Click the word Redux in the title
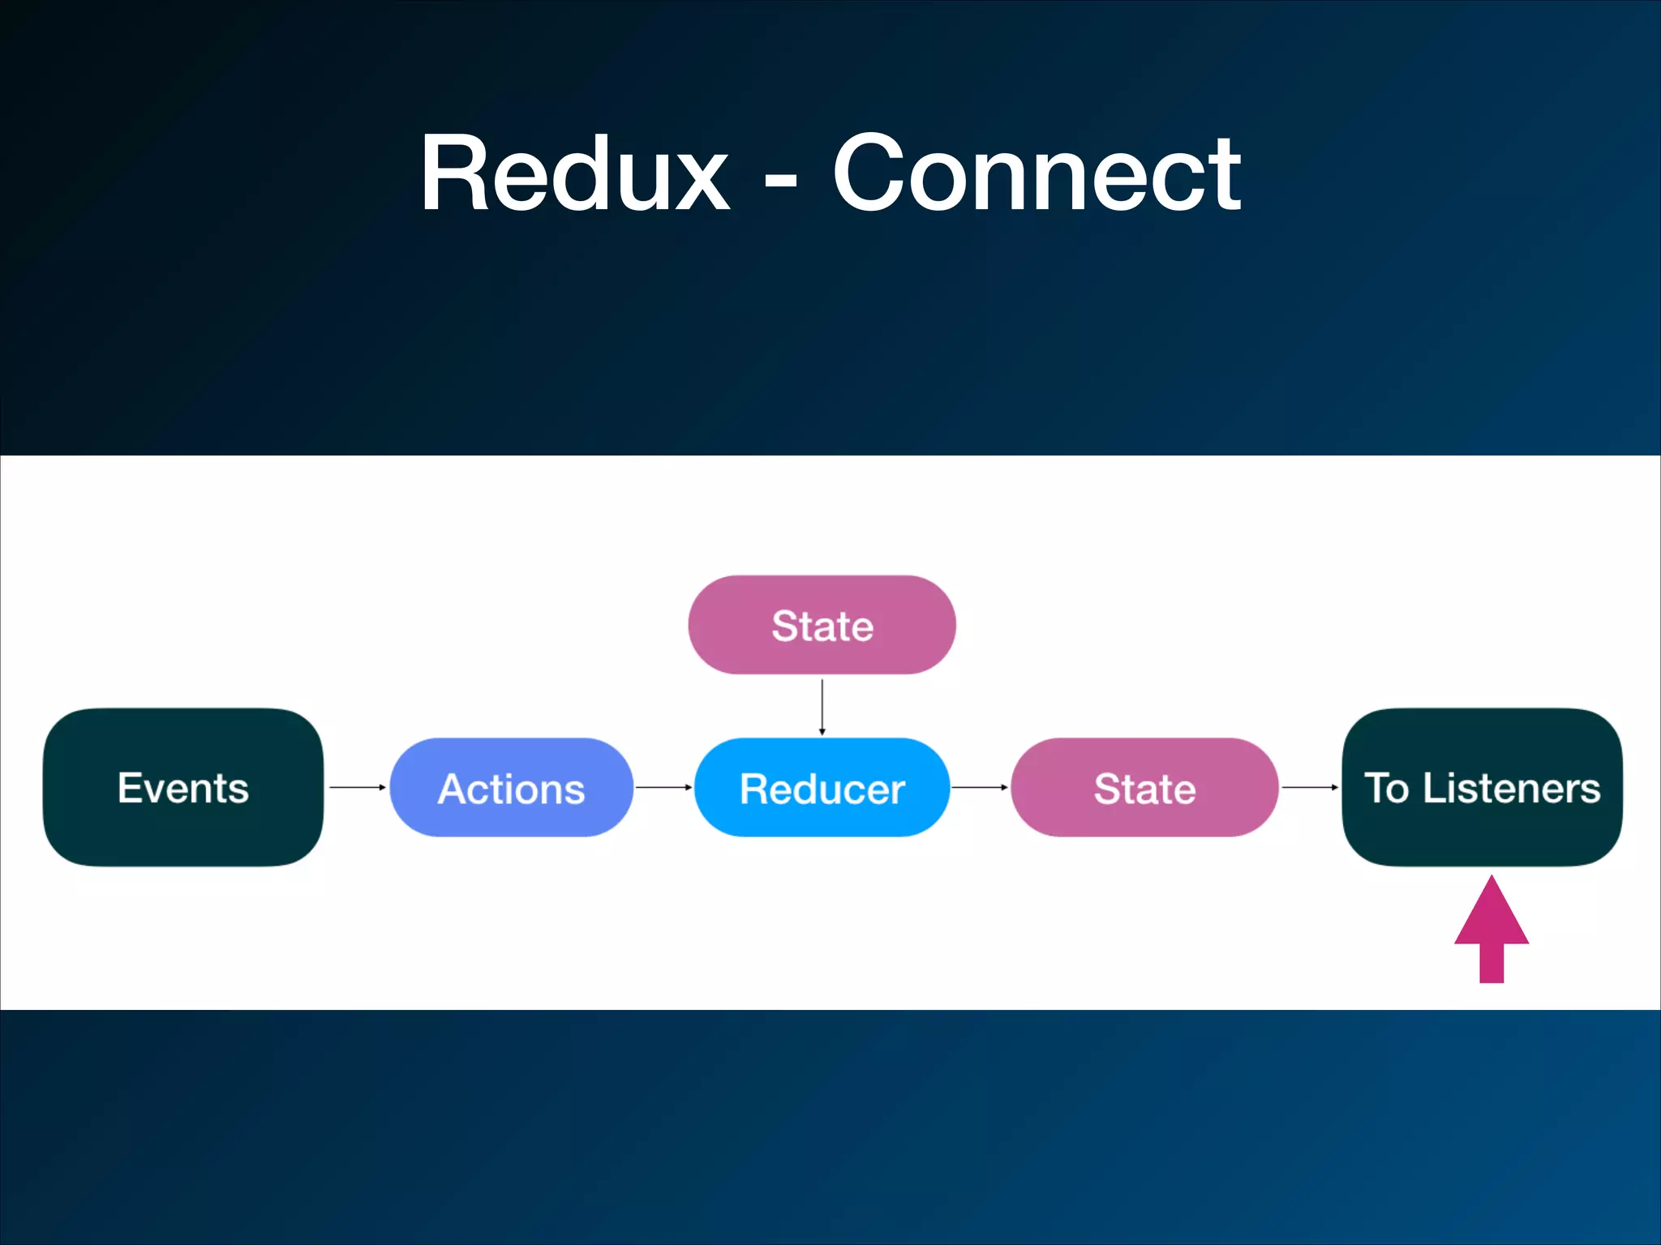(x=574, y=173)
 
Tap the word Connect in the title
(x=1037, y=173)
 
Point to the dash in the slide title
(x=780, y=180)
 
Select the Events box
(x=183, y=787)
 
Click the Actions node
(x=511, y=787)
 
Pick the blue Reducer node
(x=822, y=787)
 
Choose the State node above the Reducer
(x=822, y=625)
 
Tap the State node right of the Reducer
(x=1144, y=787)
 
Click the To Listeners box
(x=1483, y=787)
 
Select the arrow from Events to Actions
(x=357, y=787)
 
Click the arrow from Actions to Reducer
(x=663, y=787)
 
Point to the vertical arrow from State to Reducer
(x=822, y=706)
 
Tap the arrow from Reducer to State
(x=980, y=787)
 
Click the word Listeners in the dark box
(x=1512, y=788)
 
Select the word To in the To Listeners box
(x=1387, y=788)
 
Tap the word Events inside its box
(x=183, y=788)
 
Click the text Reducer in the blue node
(x=822, y=789)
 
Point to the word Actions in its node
(x=511, y=789)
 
